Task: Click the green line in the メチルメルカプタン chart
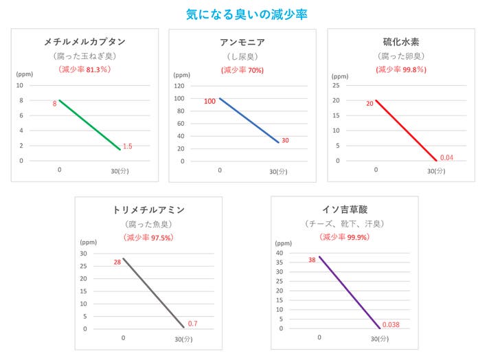tap(89, 124)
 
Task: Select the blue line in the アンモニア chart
tap(249, 120)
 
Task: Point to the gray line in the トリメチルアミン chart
tap(153, 292)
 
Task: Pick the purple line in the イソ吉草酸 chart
tap(349, 292)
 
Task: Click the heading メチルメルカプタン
tap(84, 42)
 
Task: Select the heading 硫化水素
tap(400, 42)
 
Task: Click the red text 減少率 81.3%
tap(84, 70)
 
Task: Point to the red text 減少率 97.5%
tap(148, 238)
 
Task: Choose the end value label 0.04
tap(446, 157)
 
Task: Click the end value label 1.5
tap(127, 146)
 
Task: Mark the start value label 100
tap(209, 102)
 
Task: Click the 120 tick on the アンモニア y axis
tap(179, 87)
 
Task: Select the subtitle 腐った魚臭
tap(148, 225)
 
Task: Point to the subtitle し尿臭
tap(242, 56)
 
